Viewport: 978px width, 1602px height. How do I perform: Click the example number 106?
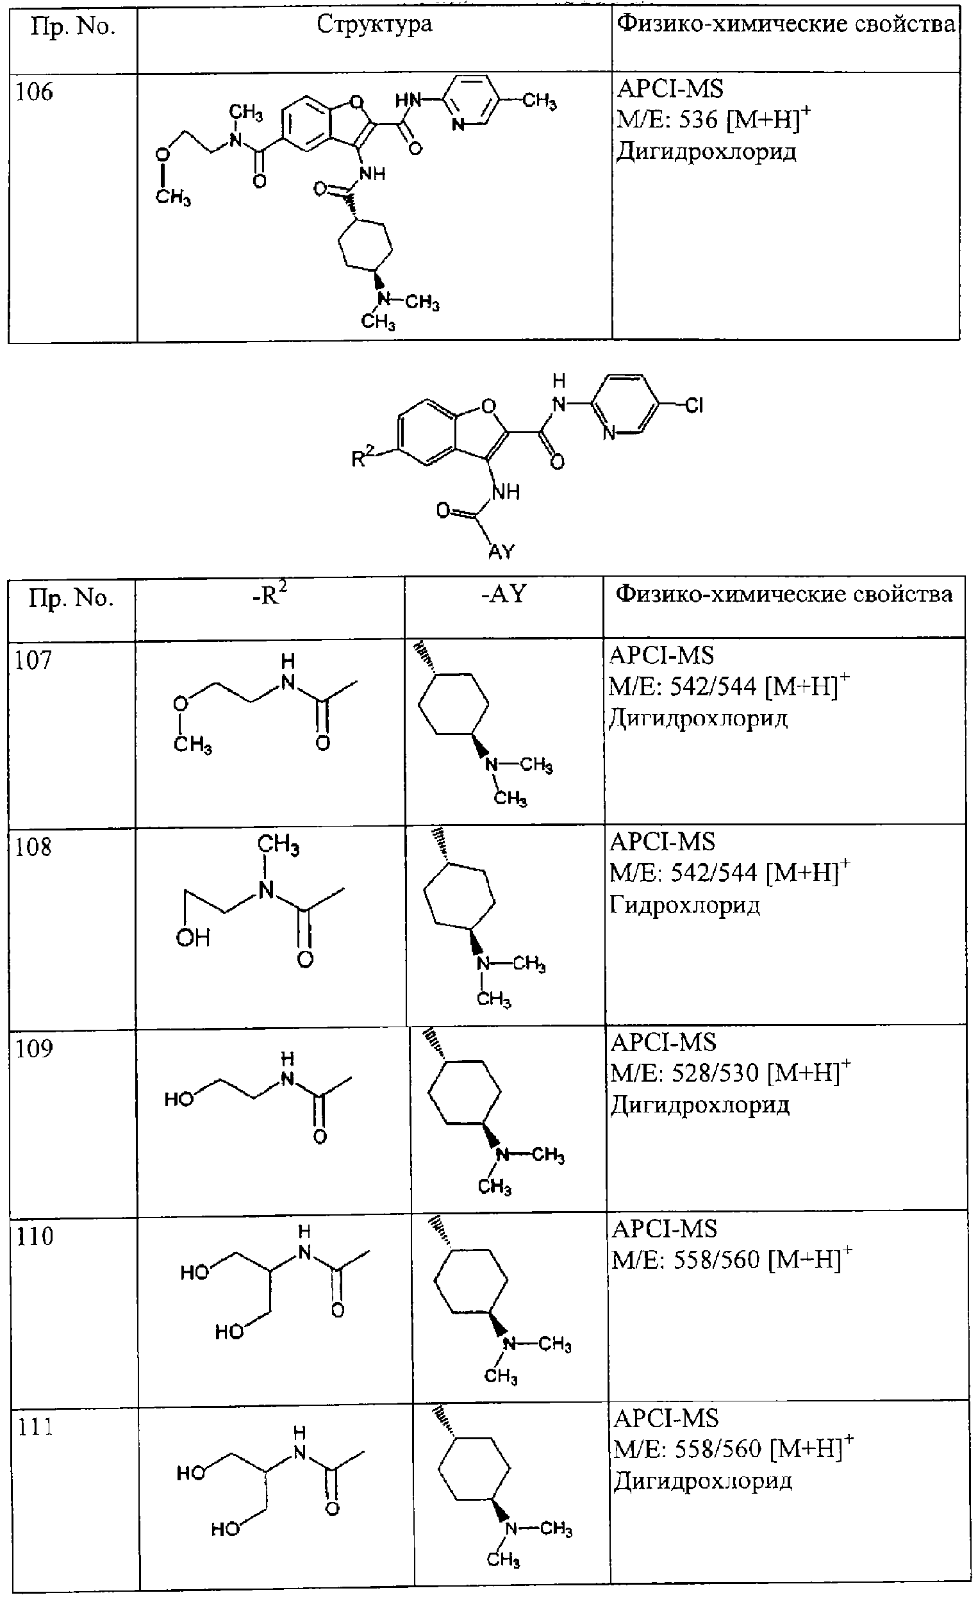pos(34,92)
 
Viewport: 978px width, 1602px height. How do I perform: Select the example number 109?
pos(34,1049)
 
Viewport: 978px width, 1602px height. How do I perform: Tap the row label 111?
pos(35,1427)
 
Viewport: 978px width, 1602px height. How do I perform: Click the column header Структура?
pos(374,25)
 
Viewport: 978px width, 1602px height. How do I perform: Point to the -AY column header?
pos(503,593)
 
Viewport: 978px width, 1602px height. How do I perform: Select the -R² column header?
pos(270,595)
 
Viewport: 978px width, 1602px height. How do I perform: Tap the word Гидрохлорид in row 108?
pos(684,905)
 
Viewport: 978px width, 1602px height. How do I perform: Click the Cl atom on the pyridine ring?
pos(694,406)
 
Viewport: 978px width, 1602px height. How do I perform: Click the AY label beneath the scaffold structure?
pos(501,552)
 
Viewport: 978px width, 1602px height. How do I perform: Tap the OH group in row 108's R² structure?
pos(193,937)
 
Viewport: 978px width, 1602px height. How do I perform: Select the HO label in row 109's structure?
pos(179,1099)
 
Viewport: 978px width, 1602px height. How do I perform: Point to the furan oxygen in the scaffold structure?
pos(488,407)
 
